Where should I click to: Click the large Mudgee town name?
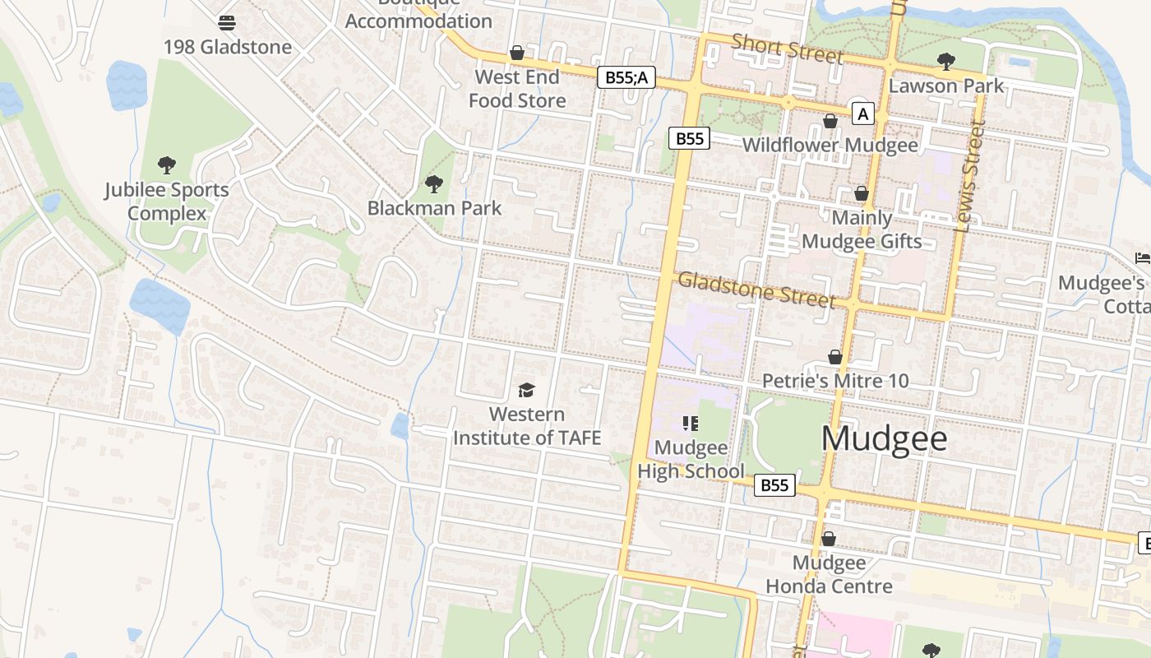tap(884, 438)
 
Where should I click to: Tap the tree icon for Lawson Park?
tap(946, 61)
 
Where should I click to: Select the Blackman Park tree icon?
tap(433, 183)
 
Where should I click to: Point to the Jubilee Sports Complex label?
tap(167, 202)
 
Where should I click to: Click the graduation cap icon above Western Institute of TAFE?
tap(526, 389)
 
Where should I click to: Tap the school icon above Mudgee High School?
tap(691, 424)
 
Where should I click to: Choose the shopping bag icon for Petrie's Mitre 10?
tap(835, 357)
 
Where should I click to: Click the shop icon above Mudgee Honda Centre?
tap(829, 539)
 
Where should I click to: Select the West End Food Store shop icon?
tap(517, 53)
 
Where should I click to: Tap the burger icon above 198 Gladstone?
tap(227, 22)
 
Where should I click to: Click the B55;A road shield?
tap(626, 77)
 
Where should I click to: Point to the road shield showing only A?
tap(862, 114)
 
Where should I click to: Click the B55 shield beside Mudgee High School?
tap(774, 485)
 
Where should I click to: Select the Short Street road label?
tap(787, 49)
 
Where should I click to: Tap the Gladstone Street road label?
tap(756, 290)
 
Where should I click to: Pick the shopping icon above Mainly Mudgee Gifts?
tap(862, 193)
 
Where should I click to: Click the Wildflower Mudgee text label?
tap(830, 146)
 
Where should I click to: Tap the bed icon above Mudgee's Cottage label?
tap(1142, 258)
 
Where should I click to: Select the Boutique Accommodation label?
tap(418, 15)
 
